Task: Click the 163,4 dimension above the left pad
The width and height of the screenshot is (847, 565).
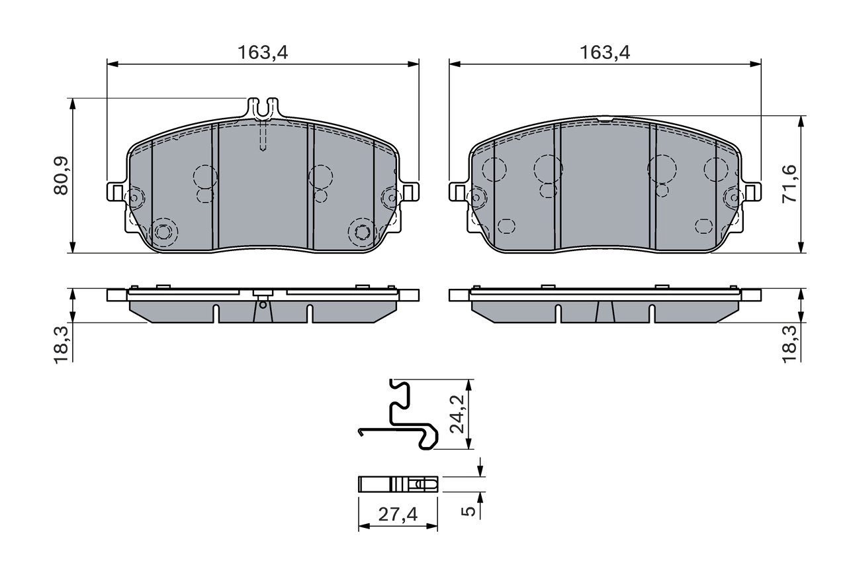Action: point(263,54)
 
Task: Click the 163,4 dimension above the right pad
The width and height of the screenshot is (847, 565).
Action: point(605,54)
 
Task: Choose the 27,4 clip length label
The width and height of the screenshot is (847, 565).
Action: point(398,514)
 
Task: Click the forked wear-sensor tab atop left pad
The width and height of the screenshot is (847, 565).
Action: point(263,106)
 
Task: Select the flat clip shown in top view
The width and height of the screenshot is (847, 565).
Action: point(398,484)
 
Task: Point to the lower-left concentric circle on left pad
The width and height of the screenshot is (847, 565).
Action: point(163,232)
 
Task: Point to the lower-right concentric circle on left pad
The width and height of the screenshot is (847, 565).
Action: point(362,232)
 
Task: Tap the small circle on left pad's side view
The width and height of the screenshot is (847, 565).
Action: point(263,305)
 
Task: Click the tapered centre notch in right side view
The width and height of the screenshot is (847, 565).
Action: point(605,311)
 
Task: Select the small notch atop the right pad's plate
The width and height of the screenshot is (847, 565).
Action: point(605,120)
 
